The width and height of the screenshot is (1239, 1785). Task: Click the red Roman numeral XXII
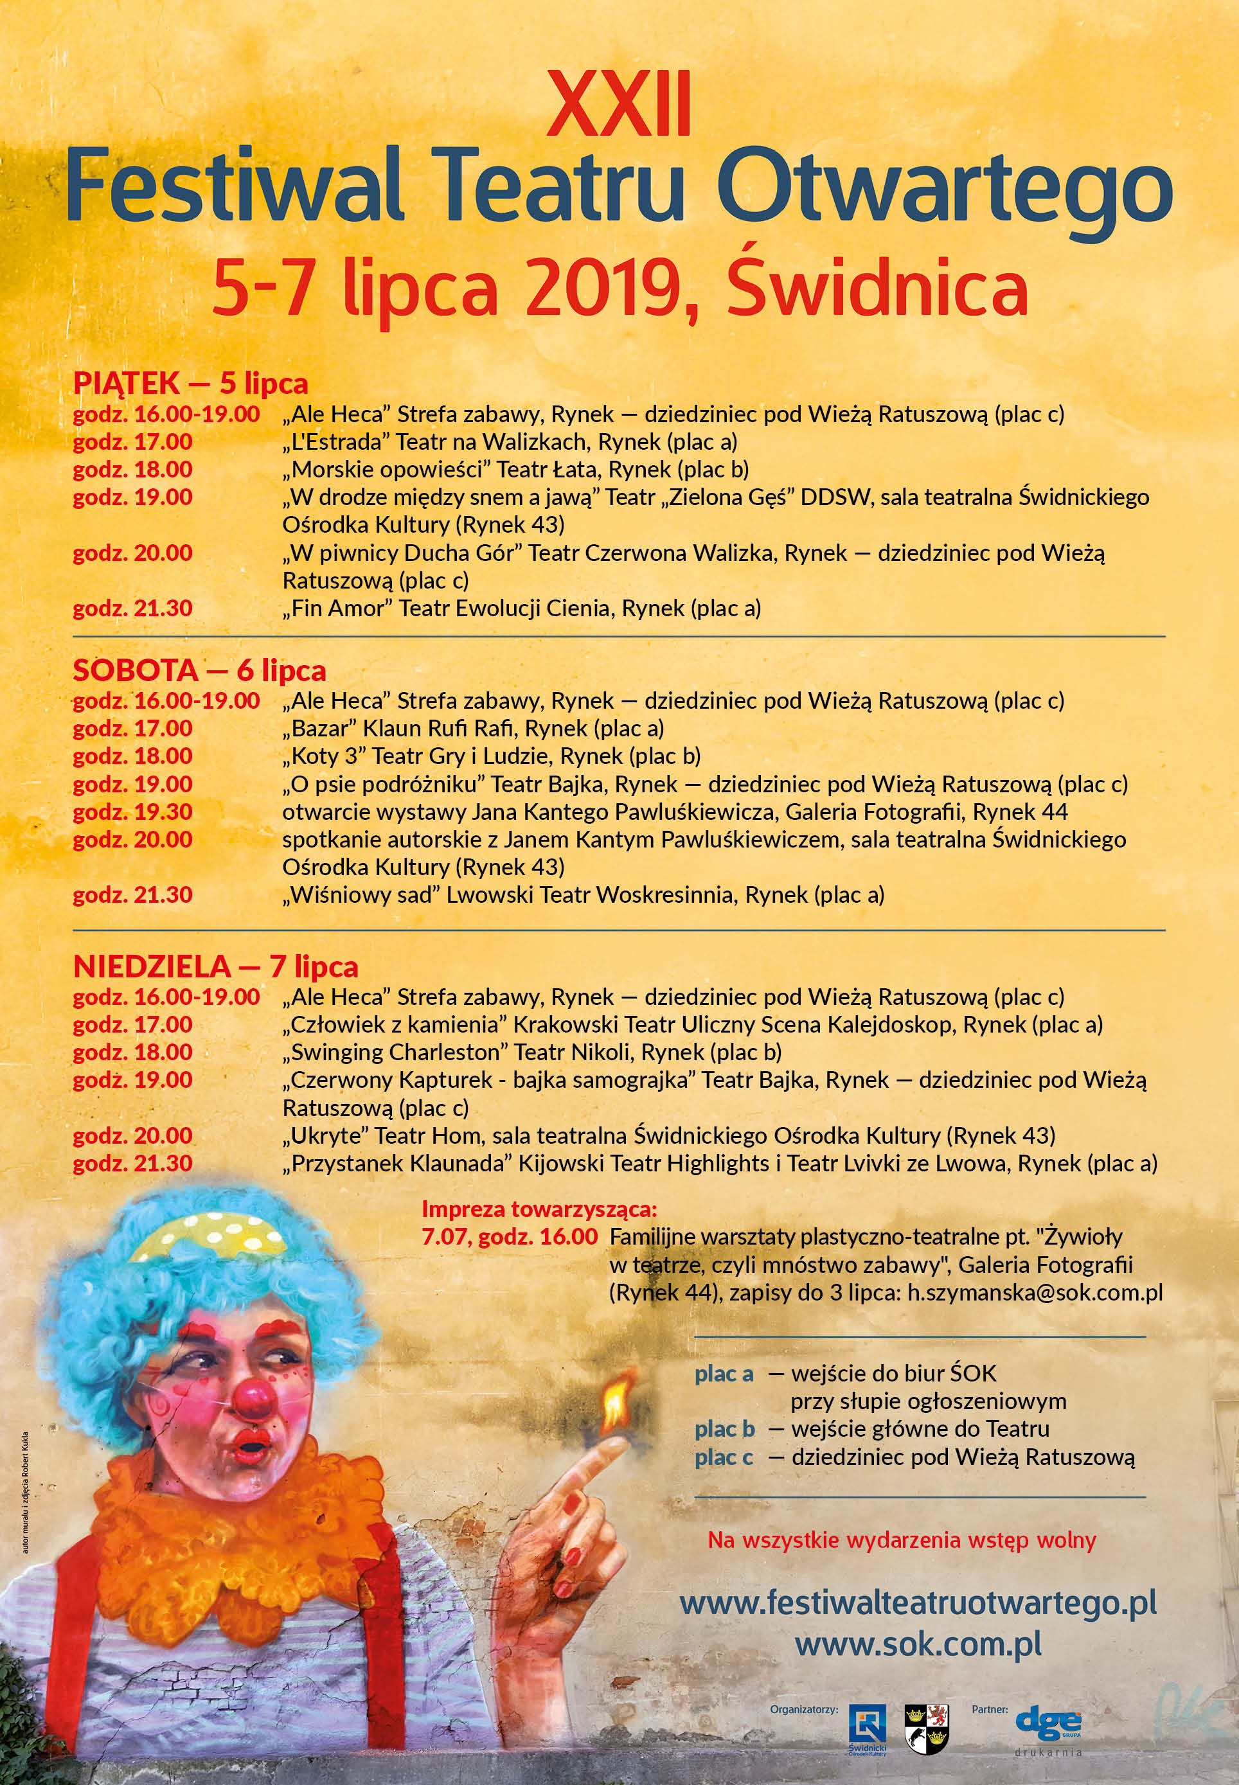pyautogui.click(x=619, y=105)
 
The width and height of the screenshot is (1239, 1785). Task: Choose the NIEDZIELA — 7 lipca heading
pyautogui.click(x=216, y=967)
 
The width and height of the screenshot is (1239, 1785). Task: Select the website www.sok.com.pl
pyautogui.click(x=918, y=1644)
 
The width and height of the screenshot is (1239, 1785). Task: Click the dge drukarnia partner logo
pyautogui.click(x=1048, y=1728)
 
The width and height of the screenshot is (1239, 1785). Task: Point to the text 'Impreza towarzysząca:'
pyautogui.click(x=539, y=1209)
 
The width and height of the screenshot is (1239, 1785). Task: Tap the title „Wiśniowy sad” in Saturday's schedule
pyautogui.click(x=361, y=895)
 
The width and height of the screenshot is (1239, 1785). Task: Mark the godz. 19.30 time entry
pyautogui.click(x=133, y=812)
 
